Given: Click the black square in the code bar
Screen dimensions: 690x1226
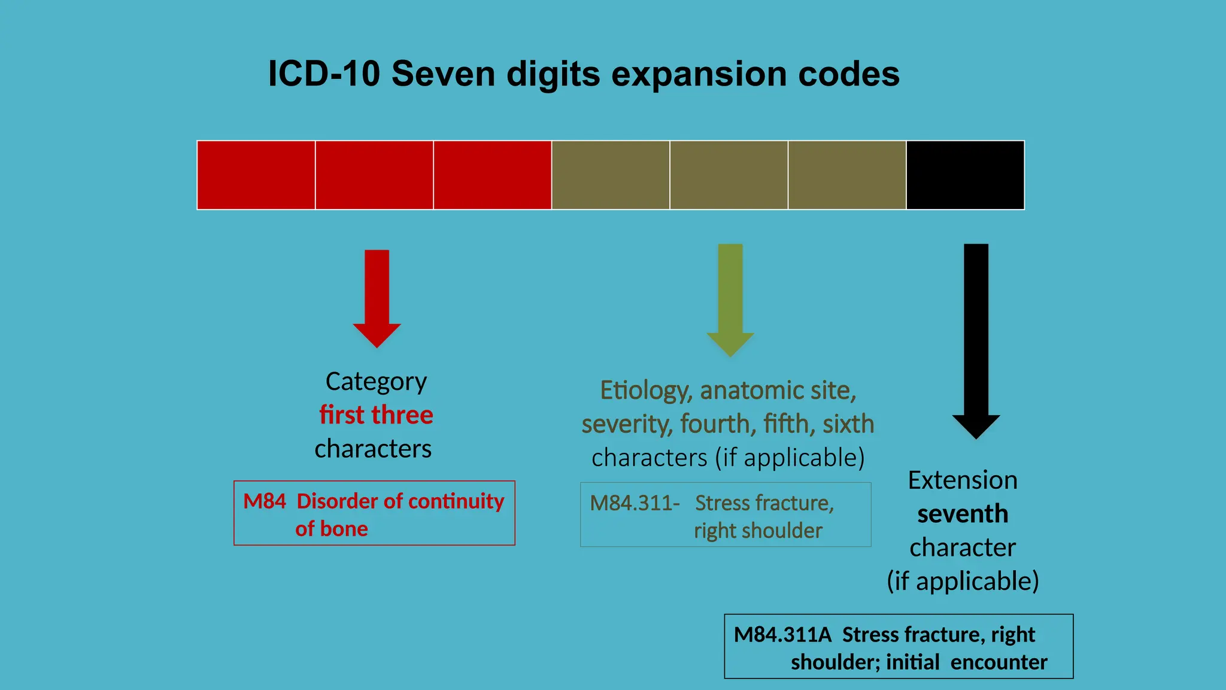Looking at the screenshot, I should pos(965,175).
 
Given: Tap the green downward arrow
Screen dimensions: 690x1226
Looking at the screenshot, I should pos(730,299).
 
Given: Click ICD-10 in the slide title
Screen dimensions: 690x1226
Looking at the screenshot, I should pos(324,74).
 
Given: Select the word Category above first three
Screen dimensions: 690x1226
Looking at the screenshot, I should pos(376,382).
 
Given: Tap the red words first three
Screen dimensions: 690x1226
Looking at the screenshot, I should pos(376,415).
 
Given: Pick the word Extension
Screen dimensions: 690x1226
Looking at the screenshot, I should pos(963,480).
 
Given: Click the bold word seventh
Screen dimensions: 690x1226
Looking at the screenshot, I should pos(963,514).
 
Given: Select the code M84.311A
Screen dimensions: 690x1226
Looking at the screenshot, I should pos(782,635).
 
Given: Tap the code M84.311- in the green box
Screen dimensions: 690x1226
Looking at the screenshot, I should pos(635,503).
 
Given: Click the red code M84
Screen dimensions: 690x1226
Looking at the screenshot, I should pos(264,501).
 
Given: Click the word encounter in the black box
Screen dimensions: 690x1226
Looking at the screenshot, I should pos(999,662).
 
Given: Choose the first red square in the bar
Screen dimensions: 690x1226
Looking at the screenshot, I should pos(256,175).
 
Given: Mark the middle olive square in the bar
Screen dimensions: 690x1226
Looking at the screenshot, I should pos(729,175).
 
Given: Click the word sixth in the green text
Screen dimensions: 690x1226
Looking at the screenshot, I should pos(848,425).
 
